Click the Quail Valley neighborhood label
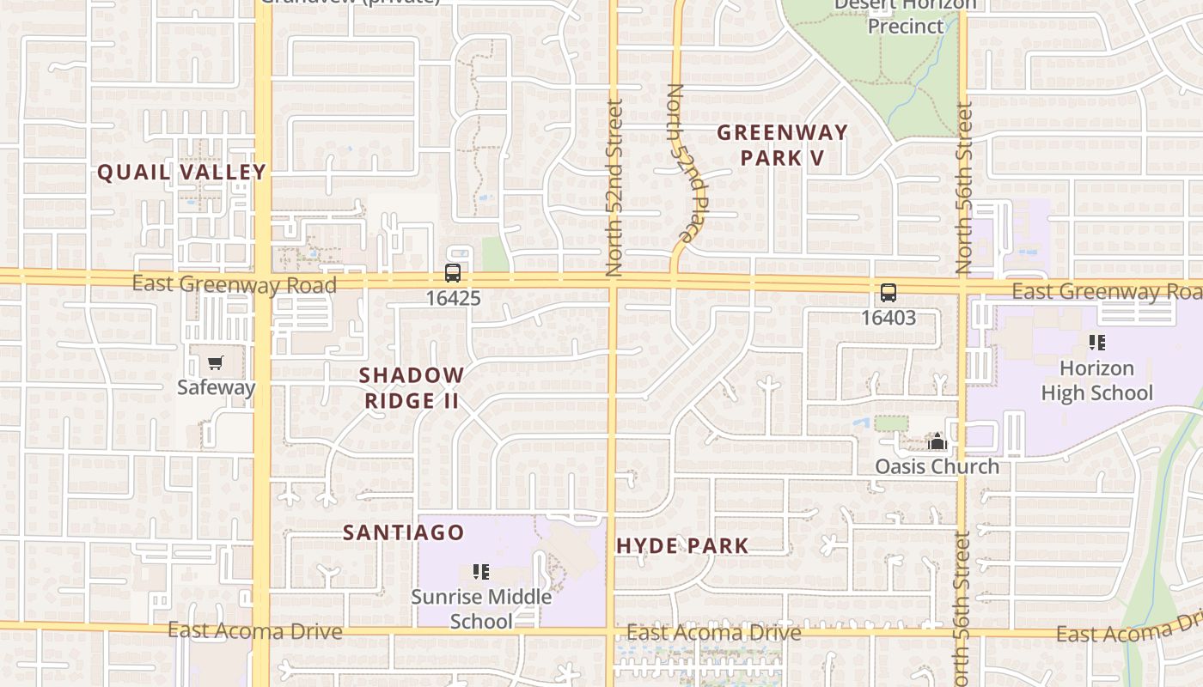[181, 172]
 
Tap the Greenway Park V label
[782, 145]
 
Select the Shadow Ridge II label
[411, 388]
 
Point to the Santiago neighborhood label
[403, 532]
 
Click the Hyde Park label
[682, 545]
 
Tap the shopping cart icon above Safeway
[216, 363]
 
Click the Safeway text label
[216, 387]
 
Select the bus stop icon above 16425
[453, 273]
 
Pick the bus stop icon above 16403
[889, 292]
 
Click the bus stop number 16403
[889, 318]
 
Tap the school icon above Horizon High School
[1096, 343]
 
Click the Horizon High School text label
[1096, 380]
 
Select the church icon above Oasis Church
[937, 442]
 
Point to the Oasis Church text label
[937, 466]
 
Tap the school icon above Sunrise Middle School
[481, 572]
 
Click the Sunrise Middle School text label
[481, 609]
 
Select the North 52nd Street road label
[614, 187]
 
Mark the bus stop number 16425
[453, 299]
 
